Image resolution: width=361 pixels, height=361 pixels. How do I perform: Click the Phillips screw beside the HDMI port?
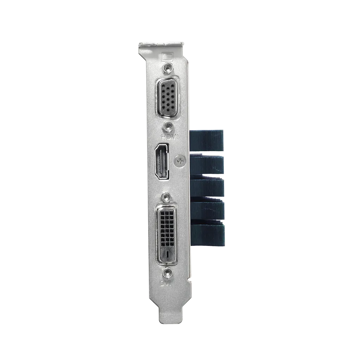click(180, 161)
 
